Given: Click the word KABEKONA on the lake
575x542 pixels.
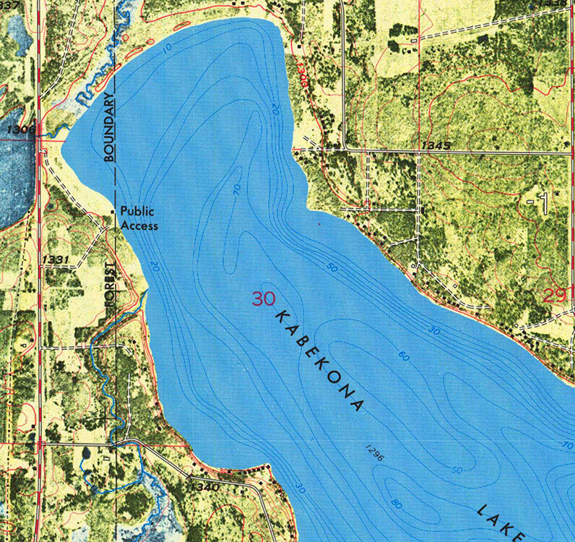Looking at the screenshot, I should coord(318,362).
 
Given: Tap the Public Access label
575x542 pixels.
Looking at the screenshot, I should coord(139,218).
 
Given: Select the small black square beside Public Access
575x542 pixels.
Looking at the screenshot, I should coord(112,211).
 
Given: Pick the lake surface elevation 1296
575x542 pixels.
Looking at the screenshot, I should coord(374,454).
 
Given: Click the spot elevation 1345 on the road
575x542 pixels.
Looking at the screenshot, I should coord(436,145).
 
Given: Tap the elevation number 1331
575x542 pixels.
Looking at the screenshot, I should coord(56,259).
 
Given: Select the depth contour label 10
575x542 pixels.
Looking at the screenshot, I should coord(168,48).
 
